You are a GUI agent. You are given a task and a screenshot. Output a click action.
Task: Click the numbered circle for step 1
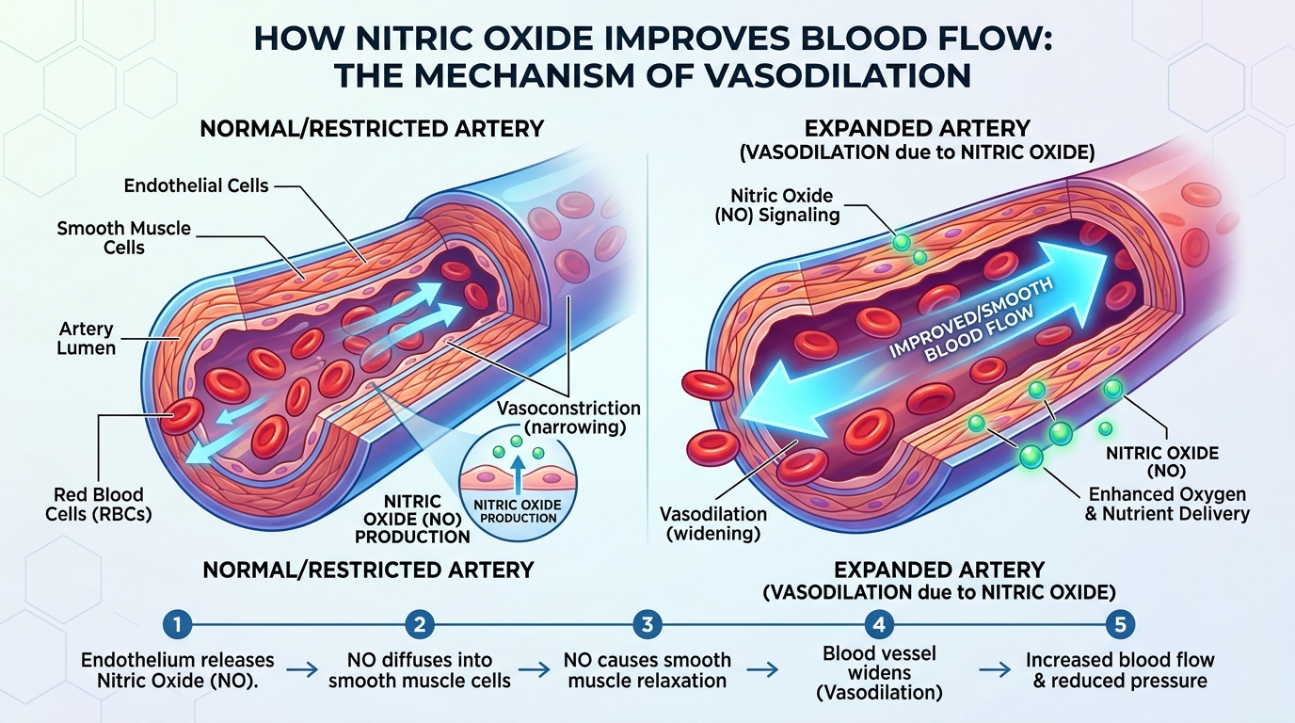[x=177, y=624]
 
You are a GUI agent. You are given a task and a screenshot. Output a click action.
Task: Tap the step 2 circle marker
[x=419, y=624]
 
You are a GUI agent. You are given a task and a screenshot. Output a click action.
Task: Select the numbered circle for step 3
[x=647, y=624]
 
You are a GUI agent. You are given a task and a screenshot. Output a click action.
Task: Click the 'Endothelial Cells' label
[x=197, y=185]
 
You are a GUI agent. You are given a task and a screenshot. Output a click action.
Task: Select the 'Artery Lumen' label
[x=86, y=339]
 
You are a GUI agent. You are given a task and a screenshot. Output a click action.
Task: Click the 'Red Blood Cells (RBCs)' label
[x=99, y=505]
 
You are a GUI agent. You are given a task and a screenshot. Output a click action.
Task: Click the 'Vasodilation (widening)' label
[x=712, y=524]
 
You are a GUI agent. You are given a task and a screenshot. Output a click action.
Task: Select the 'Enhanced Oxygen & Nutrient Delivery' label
[x=1167, y=504]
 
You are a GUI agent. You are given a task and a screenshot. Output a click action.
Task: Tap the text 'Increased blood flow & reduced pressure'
[x=1120, y=670]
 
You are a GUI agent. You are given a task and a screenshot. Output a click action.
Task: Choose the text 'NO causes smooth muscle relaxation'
[x=647, y=670]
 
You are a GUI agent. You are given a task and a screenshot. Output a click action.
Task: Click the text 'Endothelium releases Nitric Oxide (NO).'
[x=178, y=670]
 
